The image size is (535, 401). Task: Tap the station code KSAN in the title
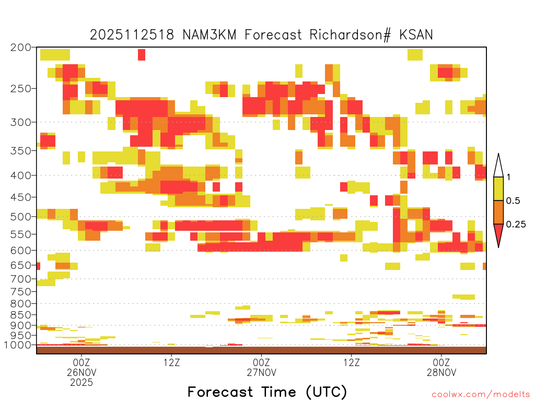click(x=416, y=35)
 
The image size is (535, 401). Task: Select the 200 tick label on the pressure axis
click(x=21, y=48)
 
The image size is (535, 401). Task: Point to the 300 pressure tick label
click(x=21, y=122)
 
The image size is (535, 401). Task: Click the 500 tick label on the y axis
click(x=21, y=217)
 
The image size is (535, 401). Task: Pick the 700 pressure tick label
click(x=21, y=279)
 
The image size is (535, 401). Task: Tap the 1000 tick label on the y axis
click(x=17, y=345)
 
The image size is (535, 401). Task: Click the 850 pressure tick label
click(x=21, y=315)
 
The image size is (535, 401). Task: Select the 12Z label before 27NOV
click(x=171, y=362)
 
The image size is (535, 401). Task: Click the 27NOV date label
click(x=261, y=372)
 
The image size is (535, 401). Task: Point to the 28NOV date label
click(x=441, y=372)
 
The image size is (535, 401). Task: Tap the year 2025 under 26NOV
click(x=82, y=382)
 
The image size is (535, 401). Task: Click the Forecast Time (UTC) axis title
click(x=267, y=392)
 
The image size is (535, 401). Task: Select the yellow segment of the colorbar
click(x=498, y=189)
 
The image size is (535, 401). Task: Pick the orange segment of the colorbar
click(x=498, y=213)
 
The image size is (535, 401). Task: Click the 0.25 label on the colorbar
click(x=516, y=225)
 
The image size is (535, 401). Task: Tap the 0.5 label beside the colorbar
click(x=513, y=201)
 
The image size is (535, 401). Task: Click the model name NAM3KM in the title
click(x=210, y=35)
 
